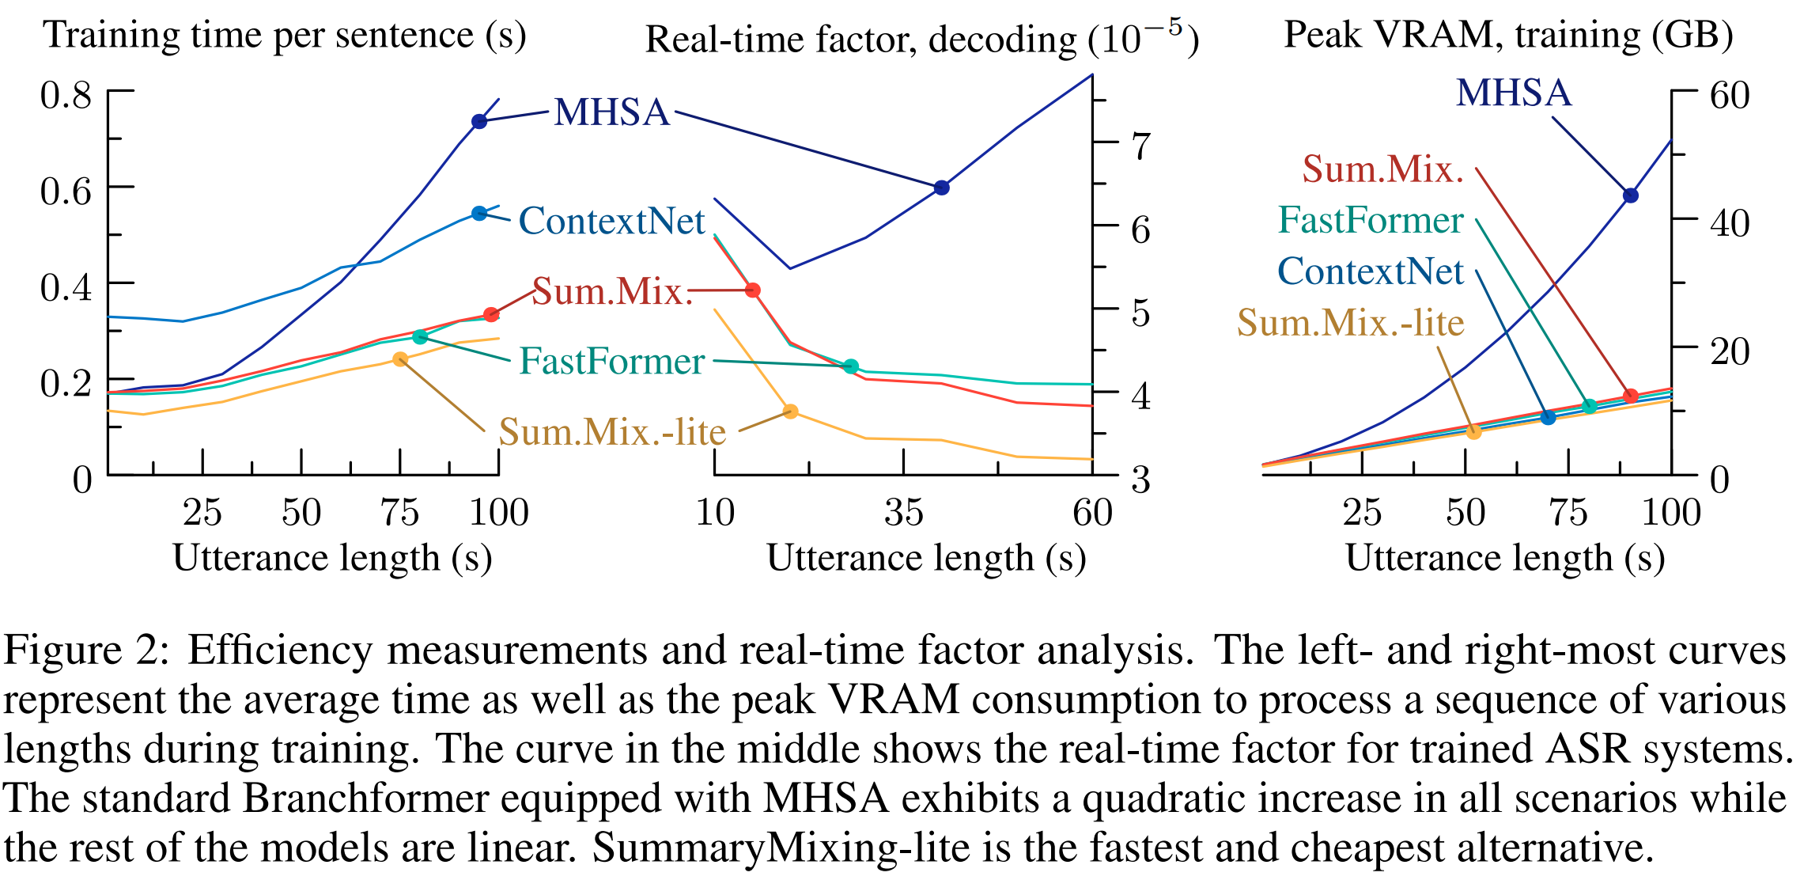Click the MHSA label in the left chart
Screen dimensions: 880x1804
(611, 112)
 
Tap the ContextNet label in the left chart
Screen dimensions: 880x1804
(611, 222)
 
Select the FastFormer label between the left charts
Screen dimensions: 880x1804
(611, 362)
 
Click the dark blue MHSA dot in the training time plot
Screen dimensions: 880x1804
(479, 121)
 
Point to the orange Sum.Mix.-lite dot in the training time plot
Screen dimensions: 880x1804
(400, 359)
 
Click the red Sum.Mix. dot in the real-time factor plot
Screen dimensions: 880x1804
(753, 290)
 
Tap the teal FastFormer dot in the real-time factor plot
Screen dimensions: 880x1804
(851, 366)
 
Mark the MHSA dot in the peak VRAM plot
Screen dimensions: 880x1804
(1630, 195)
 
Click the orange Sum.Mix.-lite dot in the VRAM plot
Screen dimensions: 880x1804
(1474, 431)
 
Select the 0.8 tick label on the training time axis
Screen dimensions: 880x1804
(66, 96)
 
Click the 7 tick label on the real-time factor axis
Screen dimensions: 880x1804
(1140, 147)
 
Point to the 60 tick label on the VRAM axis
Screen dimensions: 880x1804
(1730, 96)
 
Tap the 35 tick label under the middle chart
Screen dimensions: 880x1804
(904, 513)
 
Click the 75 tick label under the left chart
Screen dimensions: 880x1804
(400, 513)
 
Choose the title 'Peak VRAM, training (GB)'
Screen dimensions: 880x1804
(1508, 35)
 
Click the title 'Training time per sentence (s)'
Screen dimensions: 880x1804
(285, 35)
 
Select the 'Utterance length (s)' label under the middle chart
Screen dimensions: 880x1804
(926, 558)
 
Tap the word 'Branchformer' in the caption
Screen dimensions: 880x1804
(365, 799)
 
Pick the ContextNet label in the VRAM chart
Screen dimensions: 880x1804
(1371, 271)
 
